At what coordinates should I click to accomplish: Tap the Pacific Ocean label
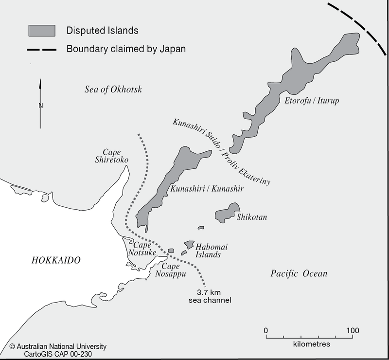tap(299, 274)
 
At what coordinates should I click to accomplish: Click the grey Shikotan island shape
tap(225, 214)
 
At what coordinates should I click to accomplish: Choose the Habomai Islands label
tap(210, 251)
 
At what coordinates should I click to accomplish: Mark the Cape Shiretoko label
tap(112, 156)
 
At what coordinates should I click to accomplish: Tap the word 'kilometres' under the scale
tap(311, 344)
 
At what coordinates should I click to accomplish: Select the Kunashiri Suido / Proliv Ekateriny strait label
tap(221, 151)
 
